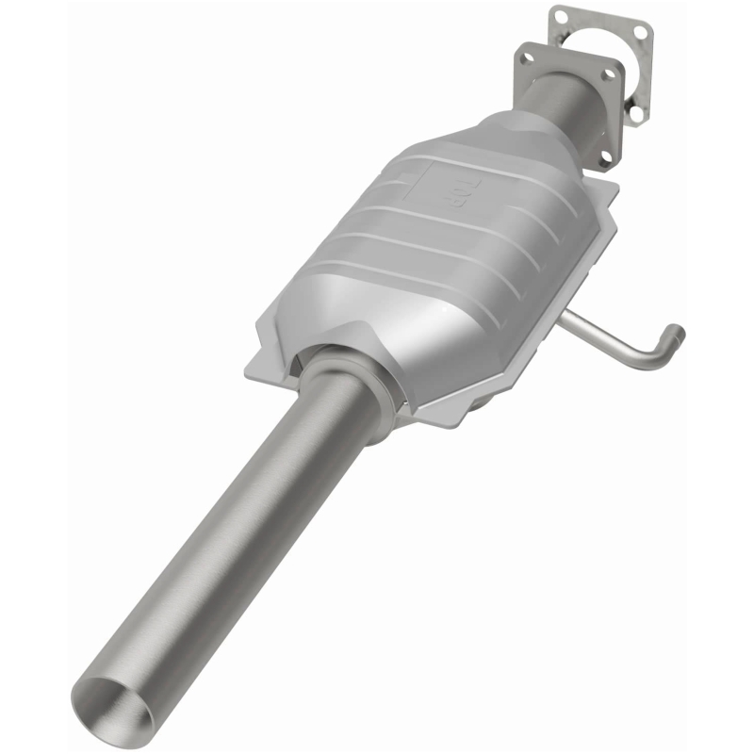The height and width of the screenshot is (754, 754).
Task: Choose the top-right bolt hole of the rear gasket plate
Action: (x=640, y=31)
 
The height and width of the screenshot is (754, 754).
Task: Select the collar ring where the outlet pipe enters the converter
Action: (x=349, y=377)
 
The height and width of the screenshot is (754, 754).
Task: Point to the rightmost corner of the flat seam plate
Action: (x=617, y=188)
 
